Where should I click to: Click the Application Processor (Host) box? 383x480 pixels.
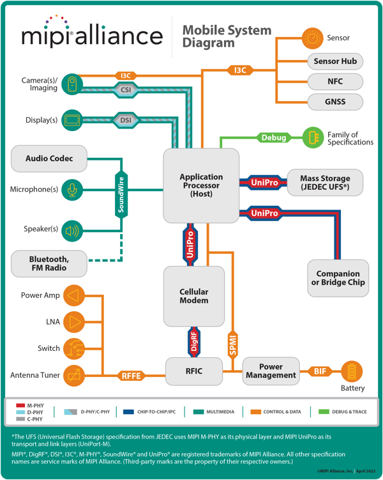201,185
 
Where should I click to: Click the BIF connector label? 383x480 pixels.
319,371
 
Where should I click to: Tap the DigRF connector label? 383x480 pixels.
194,341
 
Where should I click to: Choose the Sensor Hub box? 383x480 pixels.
335,61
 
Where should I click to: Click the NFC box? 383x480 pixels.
335,82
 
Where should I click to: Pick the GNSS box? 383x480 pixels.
335,102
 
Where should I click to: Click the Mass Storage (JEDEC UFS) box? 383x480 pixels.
325,183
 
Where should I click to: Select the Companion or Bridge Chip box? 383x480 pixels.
338,278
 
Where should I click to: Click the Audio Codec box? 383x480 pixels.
49,159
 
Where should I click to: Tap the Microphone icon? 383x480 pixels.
73,189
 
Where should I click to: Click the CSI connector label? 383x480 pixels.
126,90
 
